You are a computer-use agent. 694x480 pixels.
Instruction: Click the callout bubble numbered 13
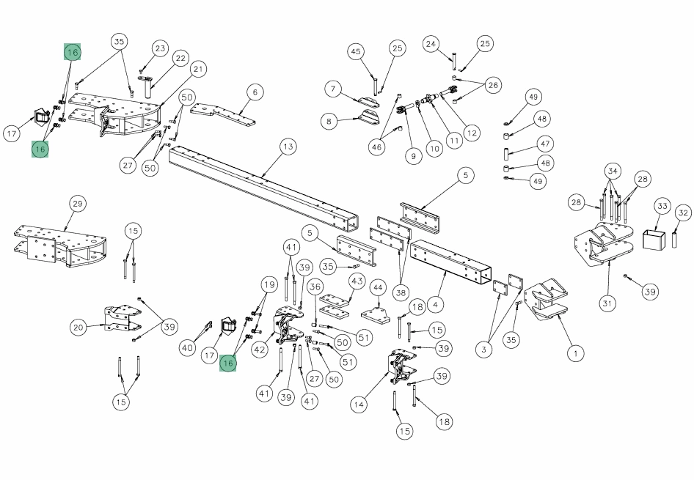click(288, 147)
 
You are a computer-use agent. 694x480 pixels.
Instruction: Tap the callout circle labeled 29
click(78, 204)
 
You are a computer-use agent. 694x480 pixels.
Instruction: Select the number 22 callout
click(180, 59)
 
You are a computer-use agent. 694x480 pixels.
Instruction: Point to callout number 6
click(255, 92)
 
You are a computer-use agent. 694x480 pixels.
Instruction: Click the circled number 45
click(356, 52)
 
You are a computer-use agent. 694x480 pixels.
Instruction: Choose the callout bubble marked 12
click(472, 133)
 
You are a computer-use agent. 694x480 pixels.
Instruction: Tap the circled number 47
click(545, 144)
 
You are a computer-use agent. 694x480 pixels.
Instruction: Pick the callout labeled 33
click(662, 206)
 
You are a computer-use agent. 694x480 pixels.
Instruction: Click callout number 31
click(607, 303)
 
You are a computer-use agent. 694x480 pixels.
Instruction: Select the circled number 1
click(575, 353)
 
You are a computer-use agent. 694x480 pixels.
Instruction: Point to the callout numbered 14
click(359, 405)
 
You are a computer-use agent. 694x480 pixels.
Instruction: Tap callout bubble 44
click(378, 288)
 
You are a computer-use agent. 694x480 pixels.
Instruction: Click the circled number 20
click(78, 328)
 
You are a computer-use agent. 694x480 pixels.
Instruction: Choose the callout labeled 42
click(260, 350)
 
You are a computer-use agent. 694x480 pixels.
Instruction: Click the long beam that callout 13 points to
click(264, 188)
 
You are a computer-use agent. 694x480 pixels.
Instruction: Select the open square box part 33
click(654, 239)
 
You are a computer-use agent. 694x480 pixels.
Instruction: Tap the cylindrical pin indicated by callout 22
click(148, 86)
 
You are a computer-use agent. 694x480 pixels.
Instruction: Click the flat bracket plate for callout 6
click(224, 114)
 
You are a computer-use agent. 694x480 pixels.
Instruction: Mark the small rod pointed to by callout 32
click(674, 240)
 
